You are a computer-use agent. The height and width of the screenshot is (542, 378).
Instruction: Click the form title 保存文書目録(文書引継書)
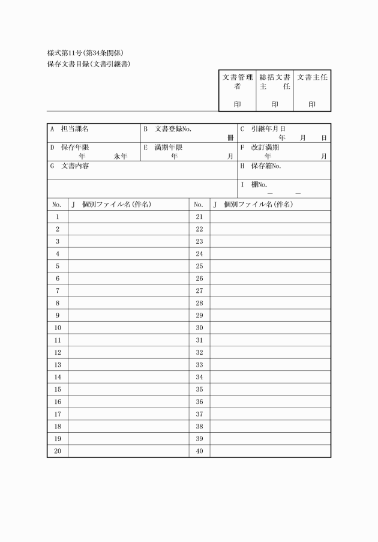[89, 64]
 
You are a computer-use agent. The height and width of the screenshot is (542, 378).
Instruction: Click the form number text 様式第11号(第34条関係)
[86, 53]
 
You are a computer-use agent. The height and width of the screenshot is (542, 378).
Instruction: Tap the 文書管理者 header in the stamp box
[237, 82]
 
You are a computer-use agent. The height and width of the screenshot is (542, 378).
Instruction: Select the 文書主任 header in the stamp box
[312, 77]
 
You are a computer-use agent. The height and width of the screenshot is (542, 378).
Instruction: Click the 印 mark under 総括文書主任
[275, 104]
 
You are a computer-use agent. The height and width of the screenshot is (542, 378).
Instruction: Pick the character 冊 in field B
[230, 138]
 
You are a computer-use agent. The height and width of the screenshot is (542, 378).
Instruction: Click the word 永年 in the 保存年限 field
[120, 156]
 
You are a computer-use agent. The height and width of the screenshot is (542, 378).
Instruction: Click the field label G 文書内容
[70, 166]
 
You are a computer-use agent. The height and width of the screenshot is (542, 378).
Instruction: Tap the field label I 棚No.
[254, 184]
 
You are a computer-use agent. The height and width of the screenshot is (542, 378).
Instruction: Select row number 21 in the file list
[199, 216]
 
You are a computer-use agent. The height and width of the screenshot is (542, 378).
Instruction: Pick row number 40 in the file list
[199, 451]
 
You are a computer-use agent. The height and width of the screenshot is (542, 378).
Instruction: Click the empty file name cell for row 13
[128, 364]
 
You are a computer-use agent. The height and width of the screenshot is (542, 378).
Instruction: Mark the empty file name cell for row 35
[270, 389]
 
